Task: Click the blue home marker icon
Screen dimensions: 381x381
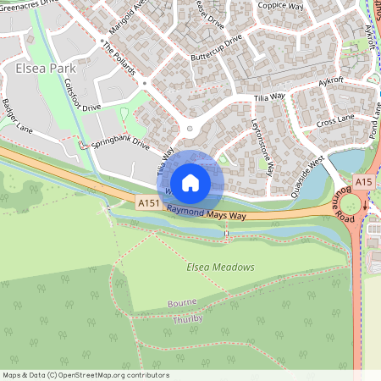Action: [190, 182]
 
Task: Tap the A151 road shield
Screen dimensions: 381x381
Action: [148, 203]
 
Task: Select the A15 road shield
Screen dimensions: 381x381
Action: [364, 182]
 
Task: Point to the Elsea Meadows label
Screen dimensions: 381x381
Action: [220, 268]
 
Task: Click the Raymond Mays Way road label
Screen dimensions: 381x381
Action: [208, 213]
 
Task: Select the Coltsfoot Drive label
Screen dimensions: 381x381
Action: [82, 96]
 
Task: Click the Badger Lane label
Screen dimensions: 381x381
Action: [16, 121]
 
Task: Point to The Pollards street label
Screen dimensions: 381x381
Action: [119, 58]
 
